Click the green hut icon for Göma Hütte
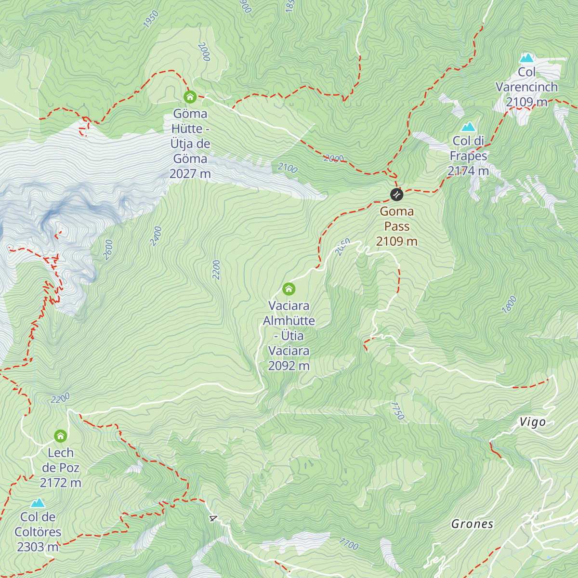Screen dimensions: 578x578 (x=190, y=97)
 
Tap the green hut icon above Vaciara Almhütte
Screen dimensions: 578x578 (x=289, y=289)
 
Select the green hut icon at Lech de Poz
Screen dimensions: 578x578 (x=60, y=436)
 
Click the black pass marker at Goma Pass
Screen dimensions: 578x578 (x=396, y=194)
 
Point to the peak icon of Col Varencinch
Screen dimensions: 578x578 (x=526, y=58)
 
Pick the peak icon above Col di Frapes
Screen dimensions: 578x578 (x=468, y=127)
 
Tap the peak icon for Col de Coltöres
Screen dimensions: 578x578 (x=38, y=503)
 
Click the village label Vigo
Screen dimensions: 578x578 (x=532, y=422)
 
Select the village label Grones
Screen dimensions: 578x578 (x=472, y=524)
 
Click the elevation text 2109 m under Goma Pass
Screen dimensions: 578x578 (x=396, y=241)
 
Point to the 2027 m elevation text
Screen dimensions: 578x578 (x=190, y=174)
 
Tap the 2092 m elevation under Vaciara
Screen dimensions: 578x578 (x=289, y=366)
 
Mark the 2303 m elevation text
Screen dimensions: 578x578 (x=38, y=547)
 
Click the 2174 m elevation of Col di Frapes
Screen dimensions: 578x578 (x=468, y=171)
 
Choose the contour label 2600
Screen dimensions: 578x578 (x=108, y=250)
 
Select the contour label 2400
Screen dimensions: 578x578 (x=156, y=236)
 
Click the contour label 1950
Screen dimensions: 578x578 (x=151, y=19)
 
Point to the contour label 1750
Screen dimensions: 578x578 (x=397, y=411)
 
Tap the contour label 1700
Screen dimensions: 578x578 (x=349, y=544)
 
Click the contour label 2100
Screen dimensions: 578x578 (x=288, y=168)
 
